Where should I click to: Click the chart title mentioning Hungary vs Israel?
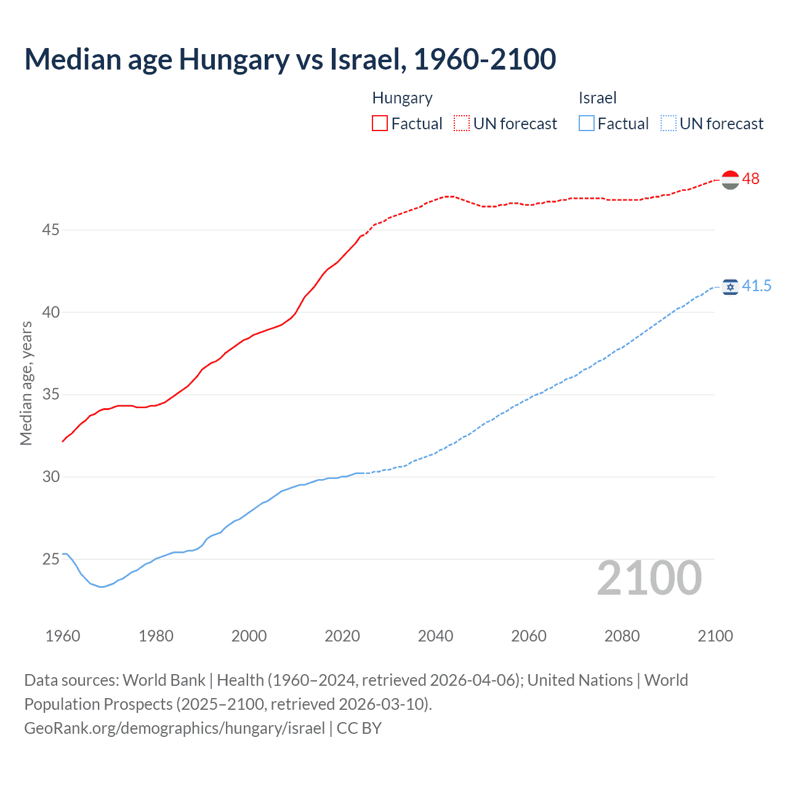click(x=290, y=59)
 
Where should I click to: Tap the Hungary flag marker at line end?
click(x=730, y=180)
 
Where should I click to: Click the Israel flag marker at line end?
click(x=730, y=287)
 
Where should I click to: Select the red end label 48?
click(x=750, y=179)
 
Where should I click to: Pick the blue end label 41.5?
click(x=756, y=286)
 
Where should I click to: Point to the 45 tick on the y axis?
click(x=50, y=230)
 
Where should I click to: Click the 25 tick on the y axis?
click(x=50, y=559)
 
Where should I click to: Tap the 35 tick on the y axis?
click(x=50, y=395)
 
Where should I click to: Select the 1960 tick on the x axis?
click(x=63, y=636)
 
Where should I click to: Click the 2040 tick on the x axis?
click(x=435, y=636)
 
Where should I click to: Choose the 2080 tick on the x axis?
click(x=622, y=636)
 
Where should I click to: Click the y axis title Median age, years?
click(x=26, y=383)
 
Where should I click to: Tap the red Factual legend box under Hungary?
click(x=380, y=124)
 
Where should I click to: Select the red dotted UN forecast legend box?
click(x=462, y=124)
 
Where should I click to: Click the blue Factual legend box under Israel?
click(x=586, y=124)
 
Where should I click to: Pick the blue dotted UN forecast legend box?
click(x=668, y=124)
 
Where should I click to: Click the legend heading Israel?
click(x=597, y=98)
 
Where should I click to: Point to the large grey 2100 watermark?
click(x=649, y=578)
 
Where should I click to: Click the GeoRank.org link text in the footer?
click(x=174, y=728)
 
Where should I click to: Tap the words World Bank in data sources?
click(x=164, y=680)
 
